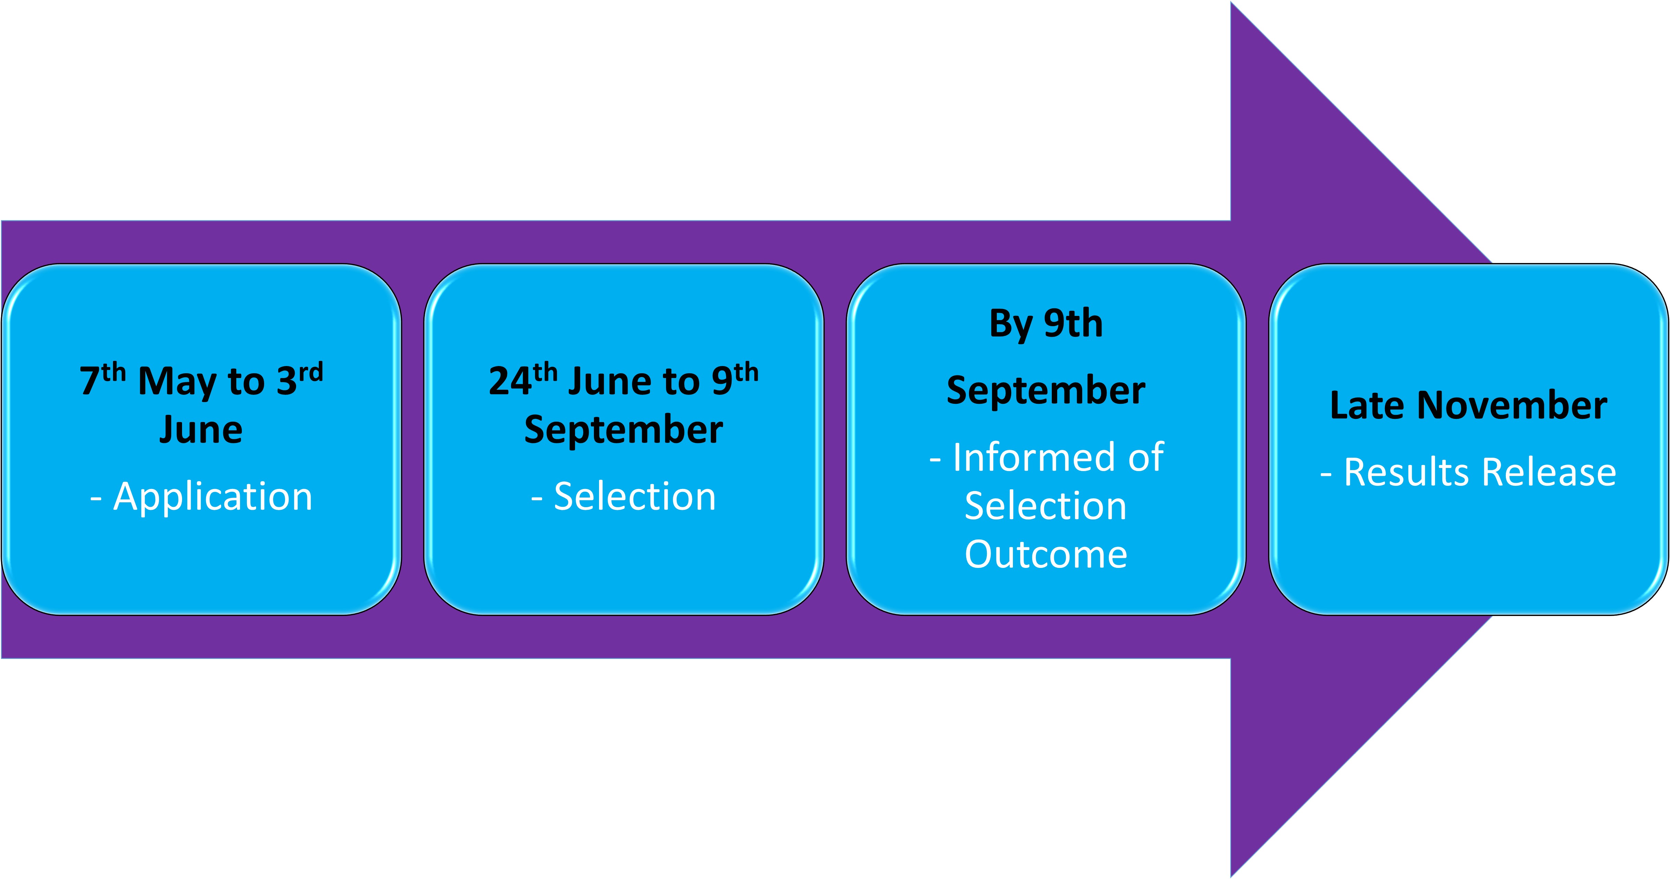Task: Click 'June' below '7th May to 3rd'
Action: point(201,430)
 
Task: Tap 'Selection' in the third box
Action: point(1046,506)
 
